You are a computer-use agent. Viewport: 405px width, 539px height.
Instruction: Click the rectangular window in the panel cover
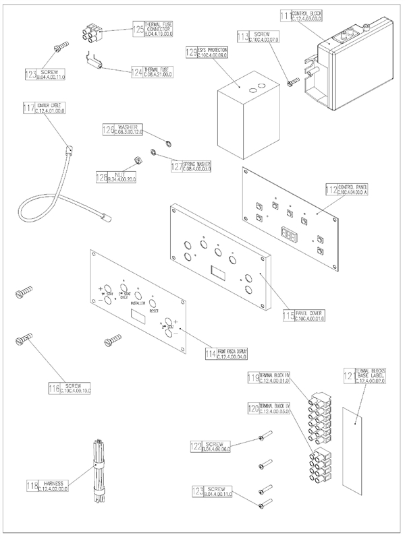point(219,271)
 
